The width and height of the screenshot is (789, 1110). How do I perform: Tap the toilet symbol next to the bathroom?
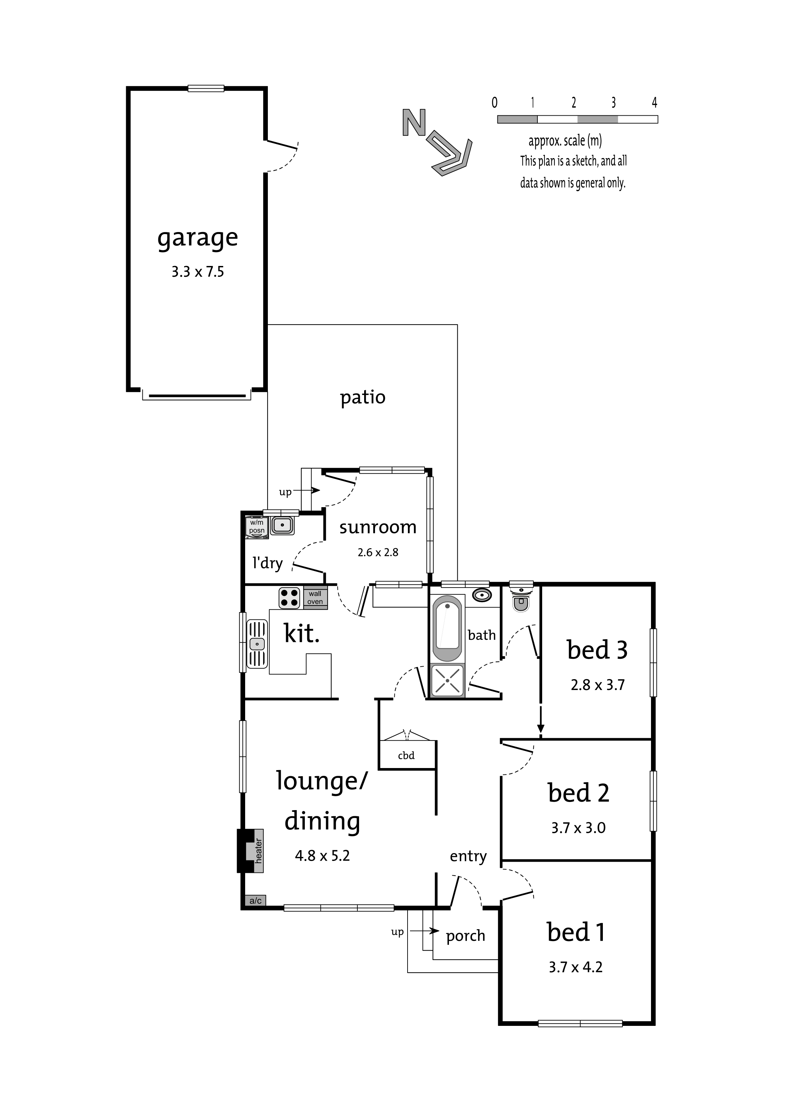(521, 597)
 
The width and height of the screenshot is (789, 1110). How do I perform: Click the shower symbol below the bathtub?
(448, 681)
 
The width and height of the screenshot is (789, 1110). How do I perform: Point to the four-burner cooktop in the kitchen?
(289, 598)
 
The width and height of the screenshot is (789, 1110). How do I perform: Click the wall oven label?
(315, 597)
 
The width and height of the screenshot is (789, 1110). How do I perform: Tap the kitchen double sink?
(257, 644)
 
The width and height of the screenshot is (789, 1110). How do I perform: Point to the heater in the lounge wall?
(251, 850)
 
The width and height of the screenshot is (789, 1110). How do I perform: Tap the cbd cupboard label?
(406, 755)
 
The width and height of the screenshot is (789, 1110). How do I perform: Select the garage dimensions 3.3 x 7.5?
(198, 272)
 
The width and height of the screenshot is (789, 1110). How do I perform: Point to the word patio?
(362, 398)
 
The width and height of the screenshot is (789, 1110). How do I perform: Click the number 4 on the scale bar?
(654, 102)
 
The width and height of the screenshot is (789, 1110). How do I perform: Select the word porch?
(466, 936)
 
